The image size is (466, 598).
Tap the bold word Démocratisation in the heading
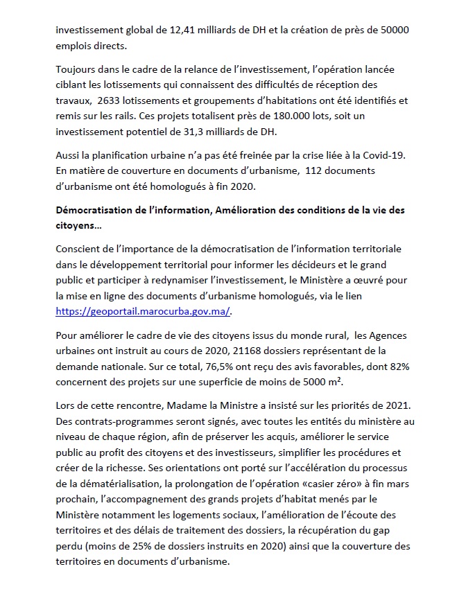pos(98,211)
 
